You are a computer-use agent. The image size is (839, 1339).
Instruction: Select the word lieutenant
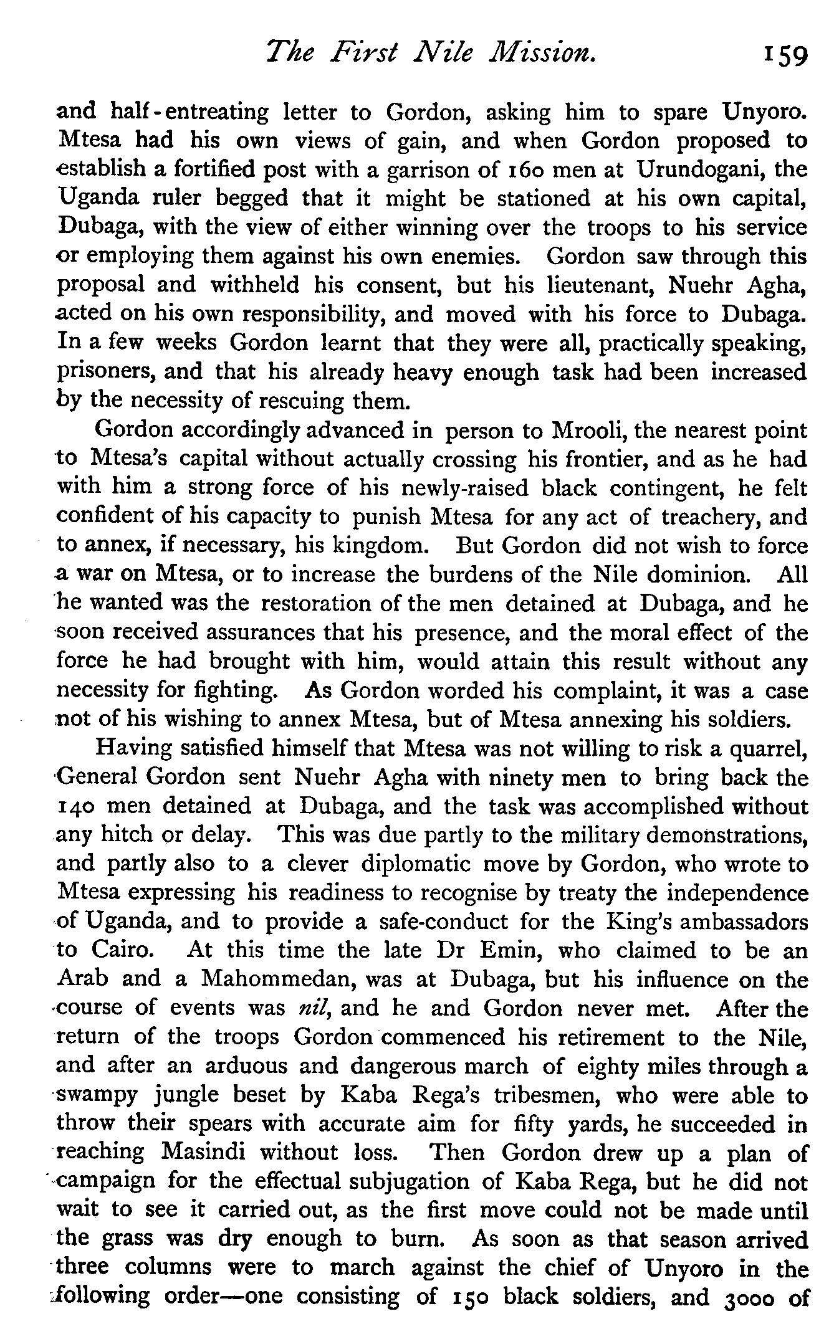(x=600, y=285)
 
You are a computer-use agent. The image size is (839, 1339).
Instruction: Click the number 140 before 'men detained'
(x=76, y=807)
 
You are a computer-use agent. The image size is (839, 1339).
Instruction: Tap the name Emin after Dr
(x=506, y=951)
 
